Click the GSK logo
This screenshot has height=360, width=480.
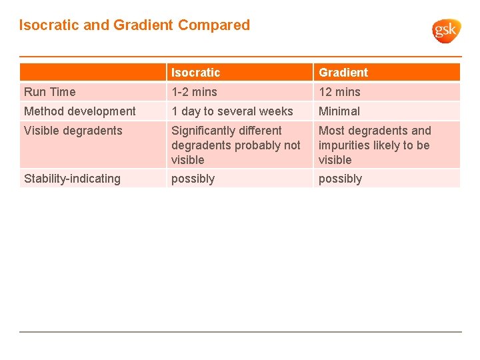coord(446,30)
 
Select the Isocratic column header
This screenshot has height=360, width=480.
coord(195,72)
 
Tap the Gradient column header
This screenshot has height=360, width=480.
coord(343,72)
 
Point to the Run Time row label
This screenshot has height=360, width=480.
coord(50,92)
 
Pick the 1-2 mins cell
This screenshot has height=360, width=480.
coord(194,92)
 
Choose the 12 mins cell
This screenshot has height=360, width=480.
coord(339,92)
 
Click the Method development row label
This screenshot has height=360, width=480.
coord(80,111)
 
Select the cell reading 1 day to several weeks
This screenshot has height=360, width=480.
coord(232,111)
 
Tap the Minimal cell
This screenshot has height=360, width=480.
coord(339,111)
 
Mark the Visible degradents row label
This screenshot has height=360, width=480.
coord(73,131)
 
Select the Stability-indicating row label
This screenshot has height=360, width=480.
coord(72,179)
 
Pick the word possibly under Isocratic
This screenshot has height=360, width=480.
coord(193,179)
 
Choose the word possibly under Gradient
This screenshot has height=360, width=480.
coord(340,179)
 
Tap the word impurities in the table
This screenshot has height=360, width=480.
coord(345,145)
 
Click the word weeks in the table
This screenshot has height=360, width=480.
coord(276,111)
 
